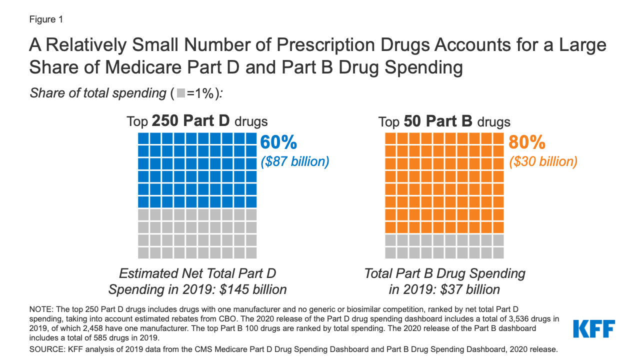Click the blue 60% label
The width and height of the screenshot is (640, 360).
pos(278,143)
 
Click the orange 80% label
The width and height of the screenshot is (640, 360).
pos(526,143)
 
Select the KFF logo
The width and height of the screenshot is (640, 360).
pos(594,328)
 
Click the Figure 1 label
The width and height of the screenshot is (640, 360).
pos(45,19)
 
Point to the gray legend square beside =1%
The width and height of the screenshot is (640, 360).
pos(181,93)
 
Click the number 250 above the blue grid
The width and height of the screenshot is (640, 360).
pos(165,121)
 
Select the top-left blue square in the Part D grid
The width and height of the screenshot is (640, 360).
pos(143,138)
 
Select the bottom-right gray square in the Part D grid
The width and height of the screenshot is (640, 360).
pos(251,252)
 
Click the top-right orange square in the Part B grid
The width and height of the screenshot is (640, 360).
pos(499,138)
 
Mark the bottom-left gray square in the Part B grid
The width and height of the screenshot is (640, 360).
pos(391,252)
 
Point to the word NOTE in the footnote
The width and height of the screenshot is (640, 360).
pos(40,310)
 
